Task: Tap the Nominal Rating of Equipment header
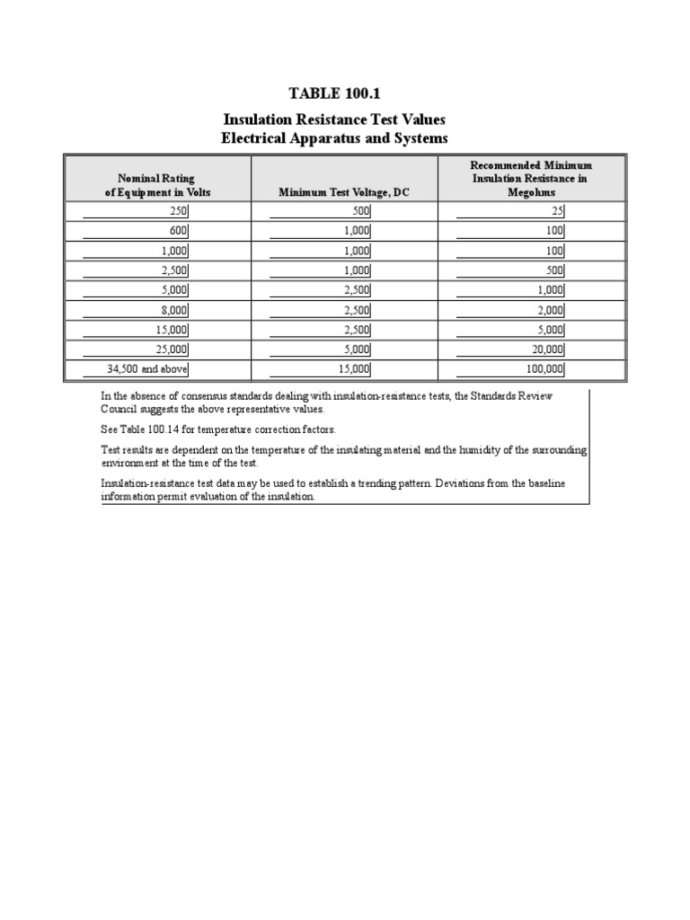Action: pyautogui.click(x=156, y=185)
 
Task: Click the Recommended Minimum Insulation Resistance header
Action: pyautogui.click(x=531, y=179)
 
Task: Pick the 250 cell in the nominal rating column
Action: pyautogui.click(x=179, y=211)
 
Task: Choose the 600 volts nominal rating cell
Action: pyautogui.click(x=179, y=231)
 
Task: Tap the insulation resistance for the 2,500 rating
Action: pyautogui.click(x=553, y=270)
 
